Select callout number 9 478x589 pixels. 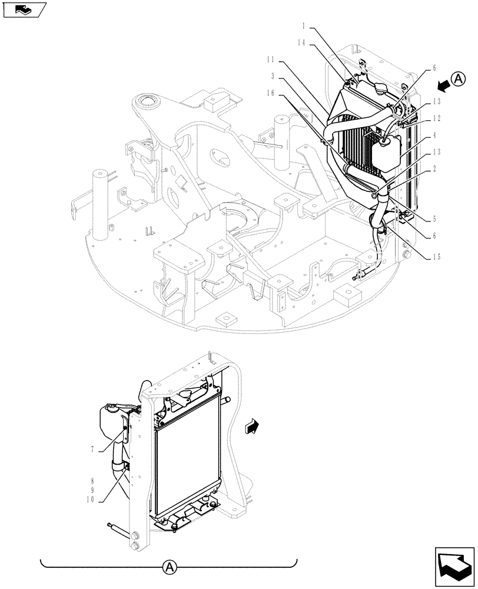(x=93, y=489)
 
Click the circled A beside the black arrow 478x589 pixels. (x=460, y=78)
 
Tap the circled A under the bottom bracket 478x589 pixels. (x=169, y=567)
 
